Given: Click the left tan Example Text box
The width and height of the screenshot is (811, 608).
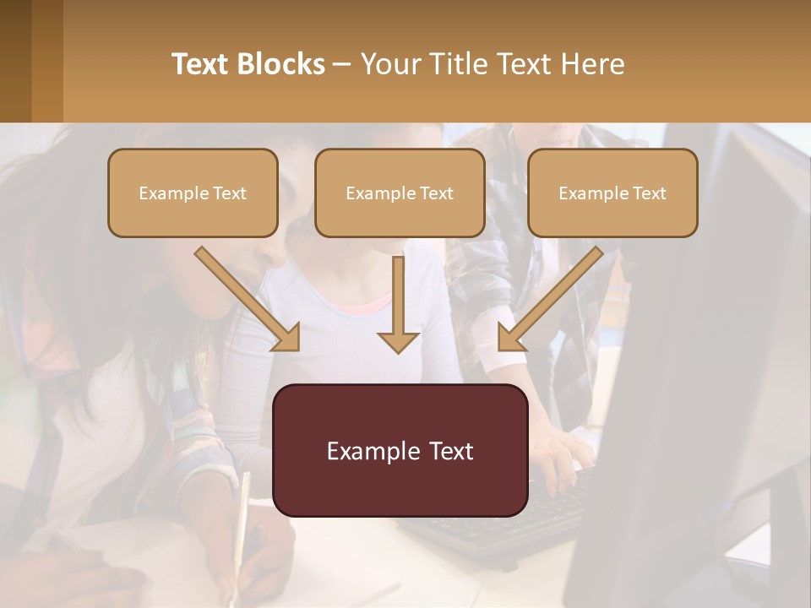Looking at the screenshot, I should point(193,193).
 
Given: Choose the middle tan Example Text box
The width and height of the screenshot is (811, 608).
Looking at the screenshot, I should point(400,193).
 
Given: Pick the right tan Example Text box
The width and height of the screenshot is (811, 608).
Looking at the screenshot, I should point(612,193).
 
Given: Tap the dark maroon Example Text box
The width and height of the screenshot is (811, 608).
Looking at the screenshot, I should point(400,450).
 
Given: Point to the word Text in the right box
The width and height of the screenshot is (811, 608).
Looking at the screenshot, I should point(649,193).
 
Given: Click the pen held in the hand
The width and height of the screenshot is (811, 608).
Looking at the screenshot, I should point(241,524).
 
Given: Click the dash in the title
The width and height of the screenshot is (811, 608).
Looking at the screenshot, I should point(343,64).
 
